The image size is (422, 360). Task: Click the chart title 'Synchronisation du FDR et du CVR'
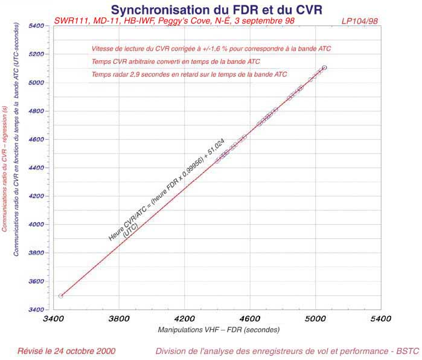tap(216, 10)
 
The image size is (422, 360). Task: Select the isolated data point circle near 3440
tap(61, 295)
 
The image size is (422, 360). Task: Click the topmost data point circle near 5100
tap(324, 68)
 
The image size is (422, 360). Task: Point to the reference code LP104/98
tap(360, 21)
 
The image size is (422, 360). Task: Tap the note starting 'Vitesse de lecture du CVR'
tap(211, 48)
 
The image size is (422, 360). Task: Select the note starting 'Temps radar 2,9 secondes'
tap(189, 74)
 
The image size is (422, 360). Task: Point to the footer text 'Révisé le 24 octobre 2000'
tap(66, 351)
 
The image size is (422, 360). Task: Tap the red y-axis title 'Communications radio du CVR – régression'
tap(5, 169)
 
